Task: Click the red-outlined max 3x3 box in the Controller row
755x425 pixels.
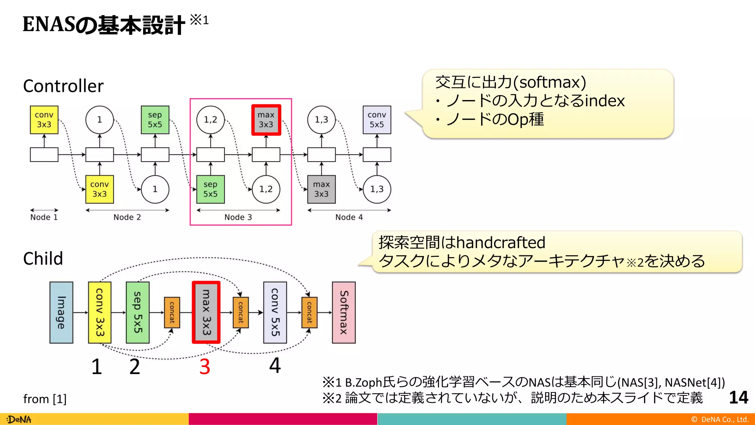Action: click(266, 120)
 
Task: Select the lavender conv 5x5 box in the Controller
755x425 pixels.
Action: click(377, 120)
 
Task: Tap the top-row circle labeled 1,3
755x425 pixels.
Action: click(321, 120)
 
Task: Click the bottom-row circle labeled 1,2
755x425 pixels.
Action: click(266, 189)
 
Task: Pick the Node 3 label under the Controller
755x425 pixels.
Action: click(238, 217)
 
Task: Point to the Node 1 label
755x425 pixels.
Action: click(44, 217)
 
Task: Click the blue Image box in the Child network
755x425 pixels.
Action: click(61, 312)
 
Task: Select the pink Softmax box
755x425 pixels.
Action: click(344, 312)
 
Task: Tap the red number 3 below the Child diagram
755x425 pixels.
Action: click(205, 367)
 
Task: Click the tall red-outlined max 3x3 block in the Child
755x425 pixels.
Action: click(206, 312)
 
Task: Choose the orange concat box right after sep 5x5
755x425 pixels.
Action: click(172, 312)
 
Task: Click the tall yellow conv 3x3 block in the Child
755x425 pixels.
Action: click(100, 312)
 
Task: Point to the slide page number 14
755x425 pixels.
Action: click(738, 398)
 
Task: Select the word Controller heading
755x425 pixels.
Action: click(63, 86)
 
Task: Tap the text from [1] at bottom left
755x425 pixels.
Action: click(45, 399)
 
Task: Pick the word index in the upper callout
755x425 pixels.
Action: click(605, 101)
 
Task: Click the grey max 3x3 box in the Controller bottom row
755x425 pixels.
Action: click(321, 189)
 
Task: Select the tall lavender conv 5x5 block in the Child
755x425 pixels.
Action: click(275, 312)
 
